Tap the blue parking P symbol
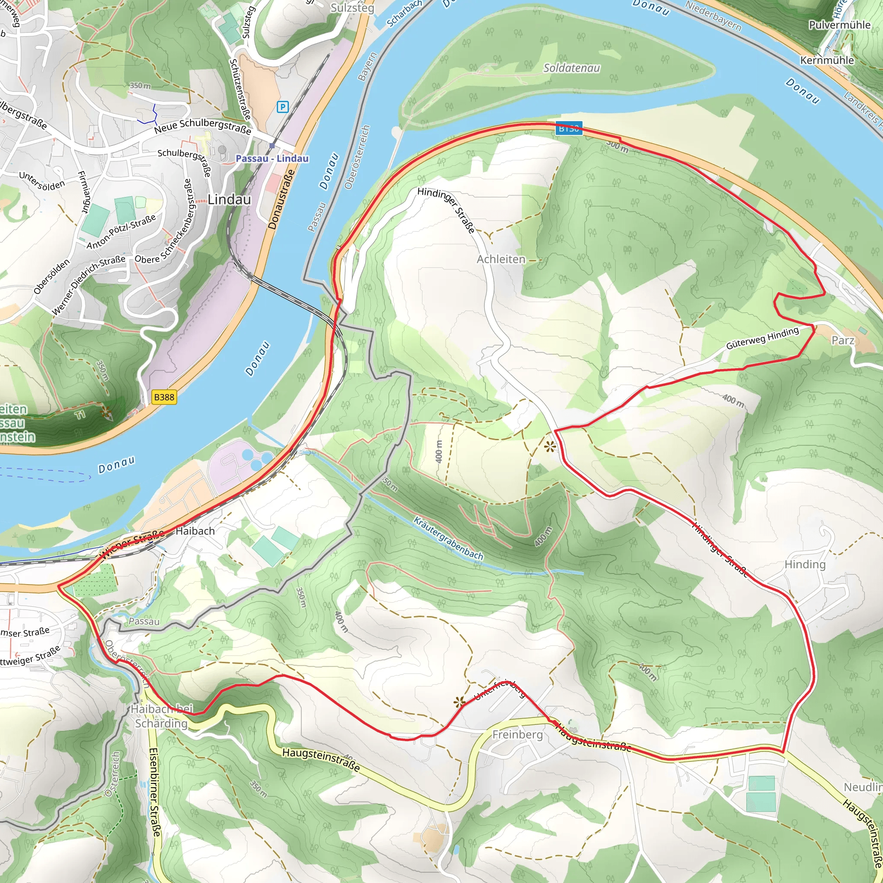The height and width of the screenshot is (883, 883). pyautogui.click(x=283, y=107)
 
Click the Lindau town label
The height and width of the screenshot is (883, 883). pyautogui.click(x=229, y=200)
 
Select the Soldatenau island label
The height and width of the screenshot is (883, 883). pyautogui.click(x=571, y=68)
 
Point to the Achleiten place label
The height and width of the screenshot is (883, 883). pyautogui.click(x=501, y=259)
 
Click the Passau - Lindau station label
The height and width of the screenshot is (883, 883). pyautogui.click(x=272, y=159)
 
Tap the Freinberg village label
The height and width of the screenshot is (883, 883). pyautogui.click(x=517, y=734)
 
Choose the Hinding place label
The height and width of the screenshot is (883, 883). pyautogui.click(x=805, y=564)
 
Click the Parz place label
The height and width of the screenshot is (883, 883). pyautogui.click(x=843, y=340)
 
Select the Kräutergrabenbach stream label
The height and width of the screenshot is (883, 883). pyautogui.click(x=448, y=538)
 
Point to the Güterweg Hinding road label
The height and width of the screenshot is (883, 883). pyautogui.click(x=762, y=338)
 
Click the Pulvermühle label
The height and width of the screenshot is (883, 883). pyautogui.click(x=839, y=25)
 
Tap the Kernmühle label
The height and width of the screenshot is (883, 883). pyautogui.click(x=827, y=60)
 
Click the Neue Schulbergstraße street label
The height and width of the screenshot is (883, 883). pyautogui.click(x=203, y=126)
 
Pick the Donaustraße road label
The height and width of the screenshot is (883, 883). pyautogui.click(x=281, y=199)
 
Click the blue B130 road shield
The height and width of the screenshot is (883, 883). pyautogui.click(x=569, y=128)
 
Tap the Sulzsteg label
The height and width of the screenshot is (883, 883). pyautogui.click(x=352, y=8)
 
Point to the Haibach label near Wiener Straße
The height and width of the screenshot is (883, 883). pyautogui.click(x=195, y=531)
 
